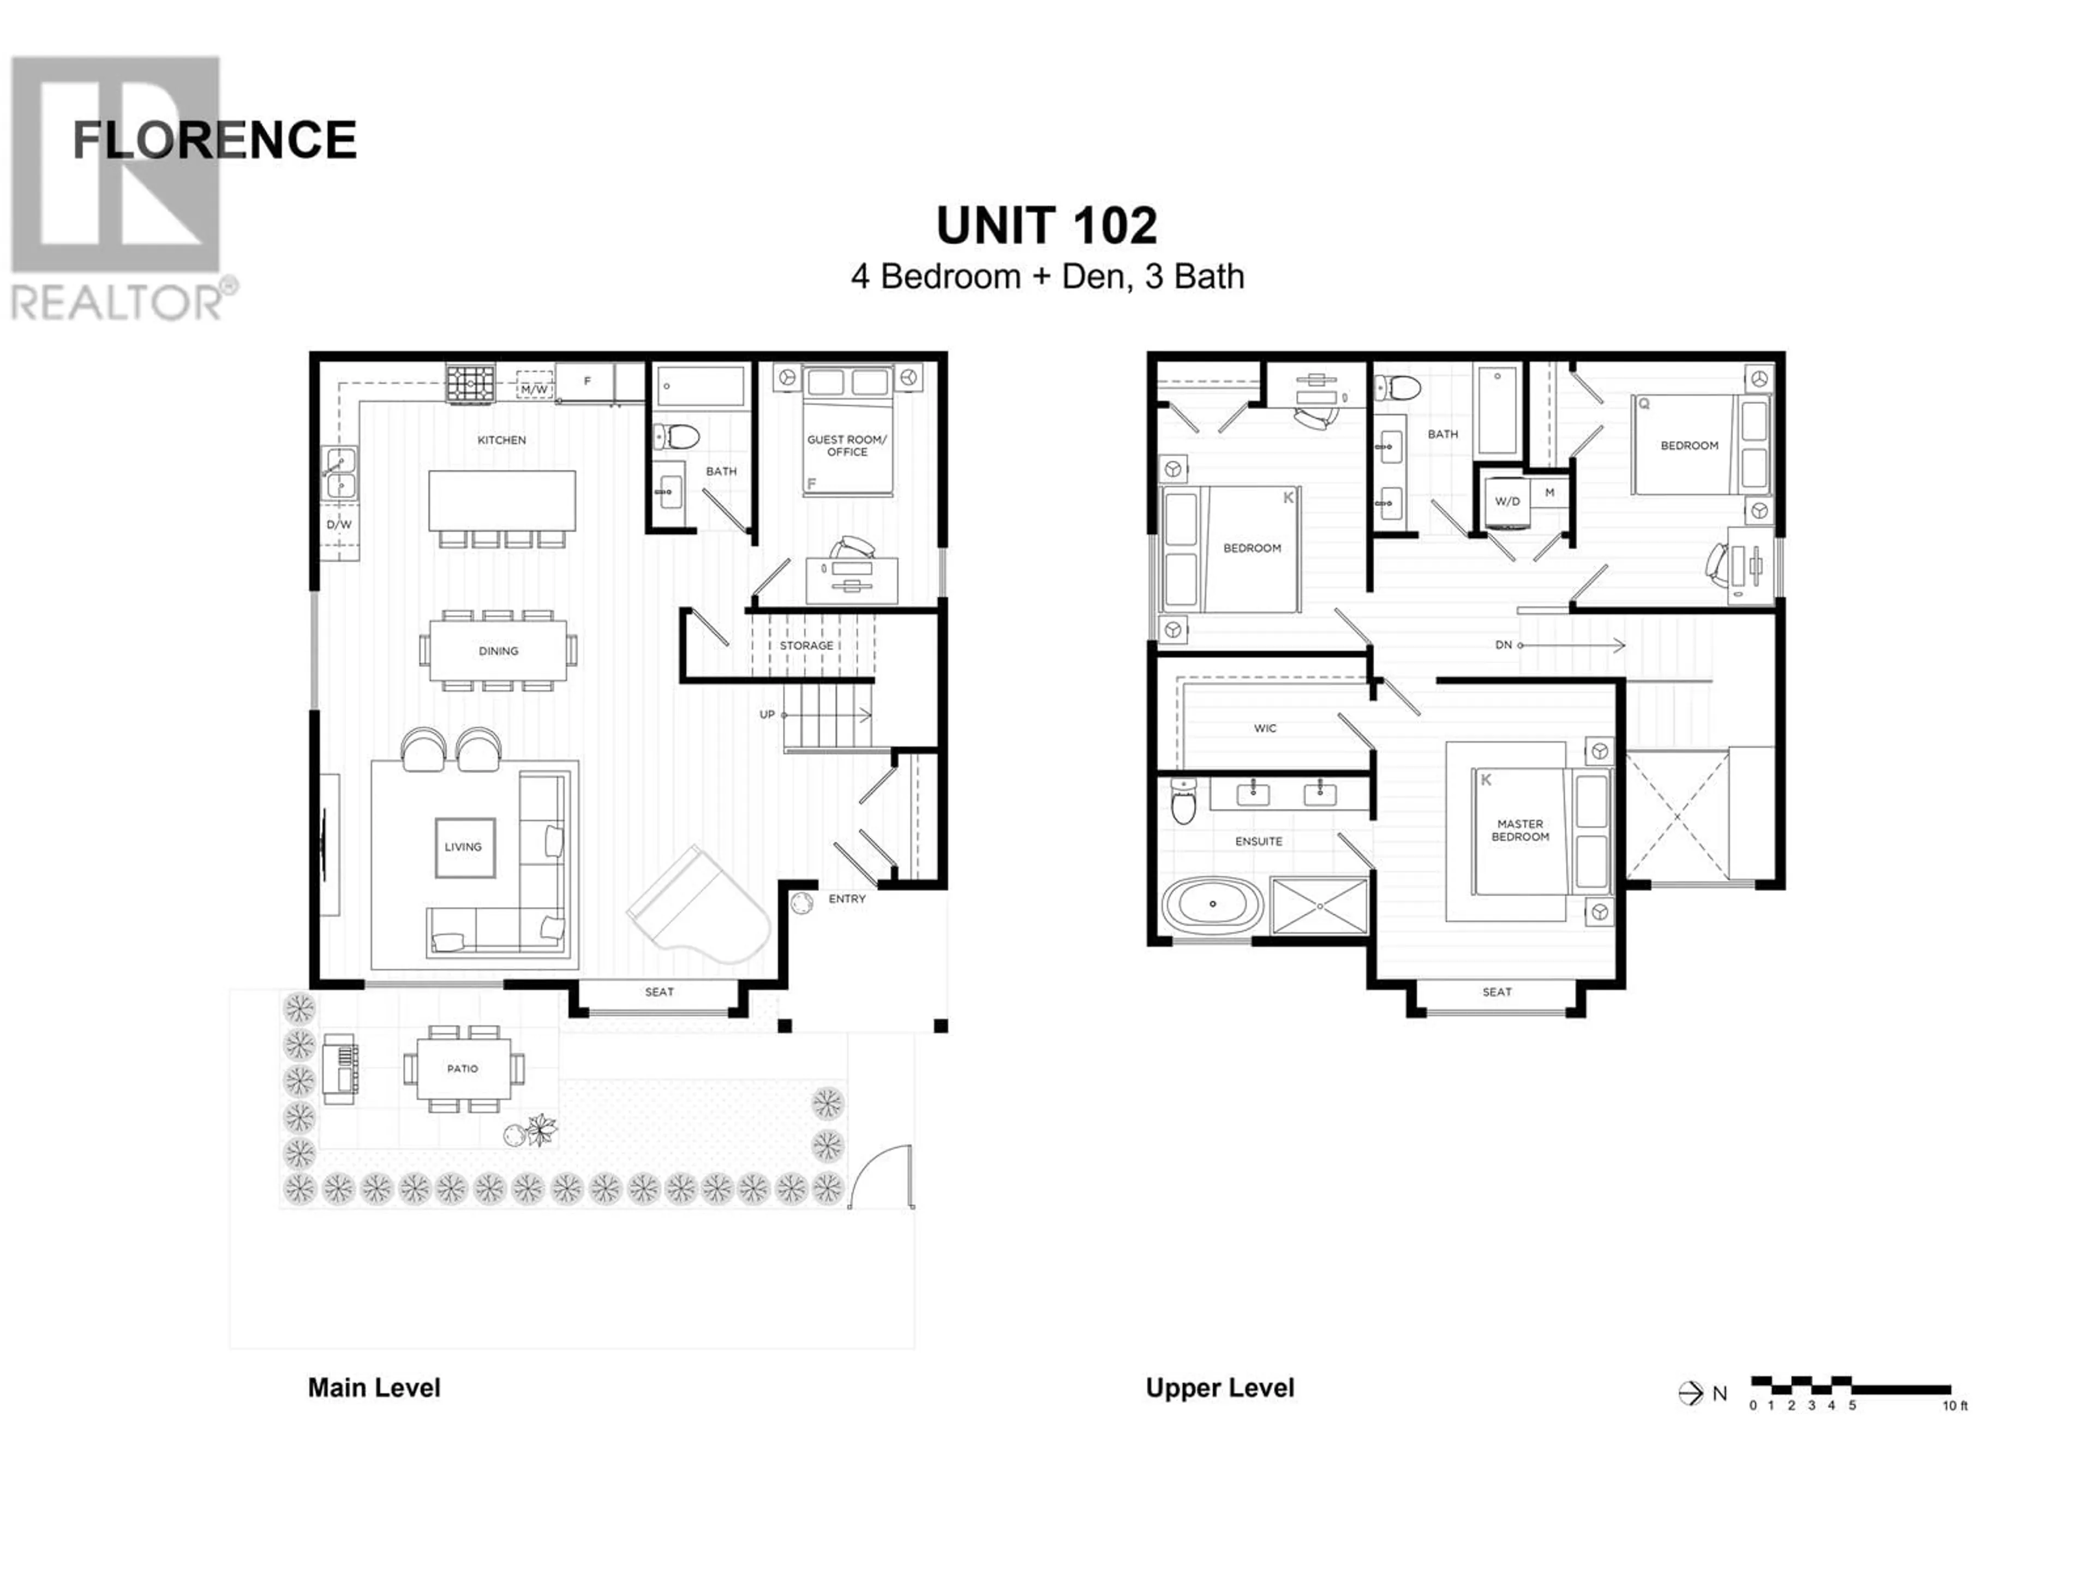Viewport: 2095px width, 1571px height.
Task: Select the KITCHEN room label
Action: (x=501, y=440)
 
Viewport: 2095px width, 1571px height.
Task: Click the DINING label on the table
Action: (x=498, y=651)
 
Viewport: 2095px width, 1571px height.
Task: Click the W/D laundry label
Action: (x=1507, y=502)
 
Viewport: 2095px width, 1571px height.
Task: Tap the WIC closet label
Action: (x=1265, y=728)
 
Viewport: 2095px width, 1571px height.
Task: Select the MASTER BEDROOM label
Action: (x=1520, y=830)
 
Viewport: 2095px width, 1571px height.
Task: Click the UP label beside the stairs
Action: (x=767, y=715)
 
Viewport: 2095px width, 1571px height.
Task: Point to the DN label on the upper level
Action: (x=1503, y=645)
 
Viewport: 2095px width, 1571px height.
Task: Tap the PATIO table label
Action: (x=462, y=1069)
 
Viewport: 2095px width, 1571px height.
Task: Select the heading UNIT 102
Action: (x=1046, y=225)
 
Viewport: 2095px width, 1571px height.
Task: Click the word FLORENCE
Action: (x=214, y=140)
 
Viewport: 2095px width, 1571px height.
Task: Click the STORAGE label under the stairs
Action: (x=806, y=646)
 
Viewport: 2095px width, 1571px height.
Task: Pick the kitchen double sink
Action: (x=339, y=473)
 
